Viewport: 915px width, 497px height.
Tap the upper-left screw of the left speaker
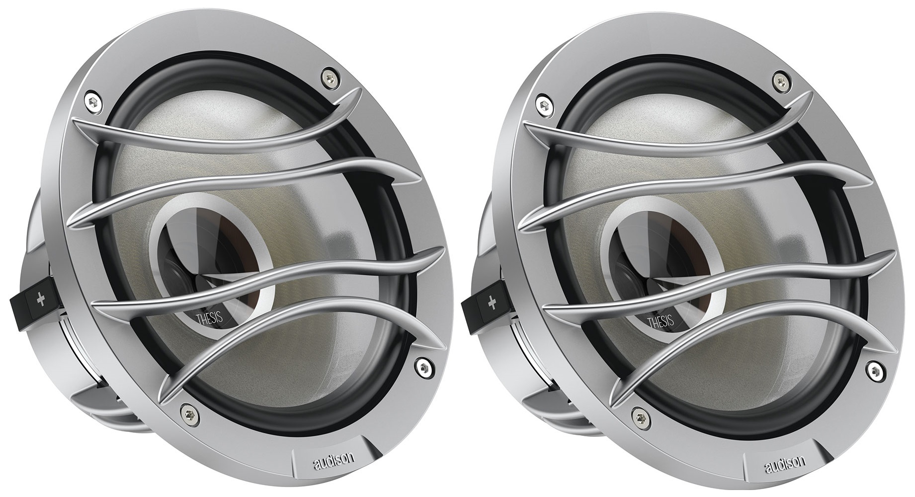(x=91, y=100)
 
